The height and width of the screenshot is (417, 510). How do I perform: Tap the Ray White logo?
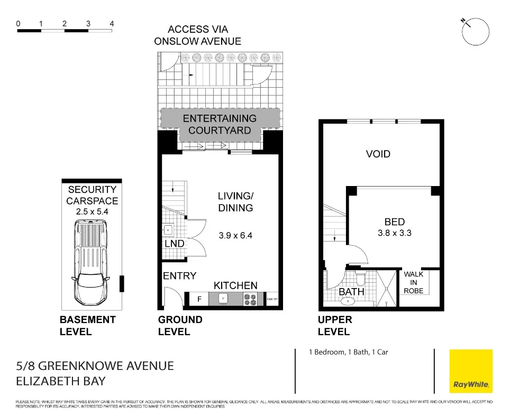point(470,371)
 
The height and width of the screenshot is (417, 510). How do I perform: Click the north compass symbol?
point(475,32)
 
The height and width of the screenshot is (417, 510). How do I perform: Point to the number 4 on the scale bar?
point(112,24)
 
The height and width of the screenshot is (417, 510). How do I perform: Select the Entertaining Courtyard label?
point(220,124)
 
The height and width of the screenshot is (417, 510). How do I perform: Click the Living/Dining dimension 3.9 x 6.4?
point(235,235)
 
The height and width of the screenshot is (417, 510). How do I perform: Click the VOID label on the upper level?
point(378,154)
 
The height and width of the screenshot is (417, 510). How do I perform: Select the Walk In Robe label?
point(413,283)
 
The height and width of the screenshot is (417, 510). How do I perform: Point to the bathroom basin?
point(348,302)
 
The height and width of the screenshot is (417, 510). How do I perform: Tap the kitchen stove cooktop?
point(250,300)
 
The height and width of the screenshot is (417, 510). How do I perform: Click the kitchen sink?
point(223,300)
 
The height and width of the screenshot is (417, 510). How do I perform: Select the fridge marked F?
point(199,300)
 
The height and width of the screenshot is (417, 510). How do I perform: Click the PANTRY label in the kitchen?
point(272,300)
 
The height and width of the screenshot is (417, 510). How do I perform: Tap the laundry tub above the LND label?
point(168,230)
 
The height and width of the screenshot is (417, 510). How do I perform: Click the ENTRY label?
point(179,275)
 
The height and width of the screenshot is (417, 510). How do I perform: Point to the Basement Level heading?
point(87,326)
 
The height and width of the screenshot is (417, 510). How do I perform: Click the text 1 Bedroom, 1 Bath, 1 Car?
point(349,351)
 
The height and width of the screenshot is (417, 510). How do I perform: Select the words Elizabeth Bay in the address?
point(61,381)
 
